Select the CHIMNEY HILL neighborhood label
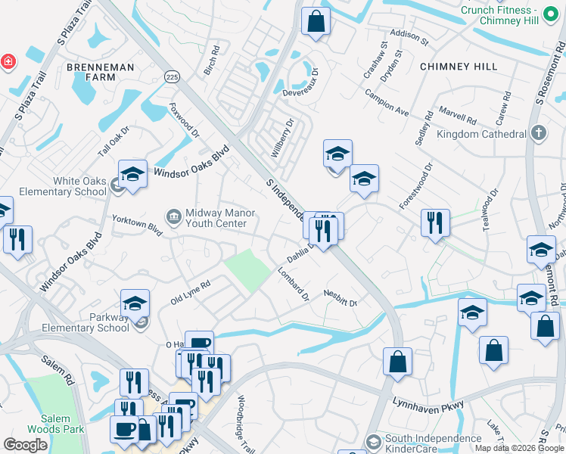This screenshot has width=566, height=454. tap(458, 67)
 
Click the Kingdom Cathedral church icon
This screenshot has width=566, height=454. tap(538, 133)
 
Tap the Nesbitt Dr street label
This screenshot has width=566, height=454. tap(340, 298)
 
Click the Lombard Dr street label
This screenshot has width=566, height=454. tap(293, 283)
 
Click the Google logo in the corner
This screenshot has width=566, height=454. tap(26, 445)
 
